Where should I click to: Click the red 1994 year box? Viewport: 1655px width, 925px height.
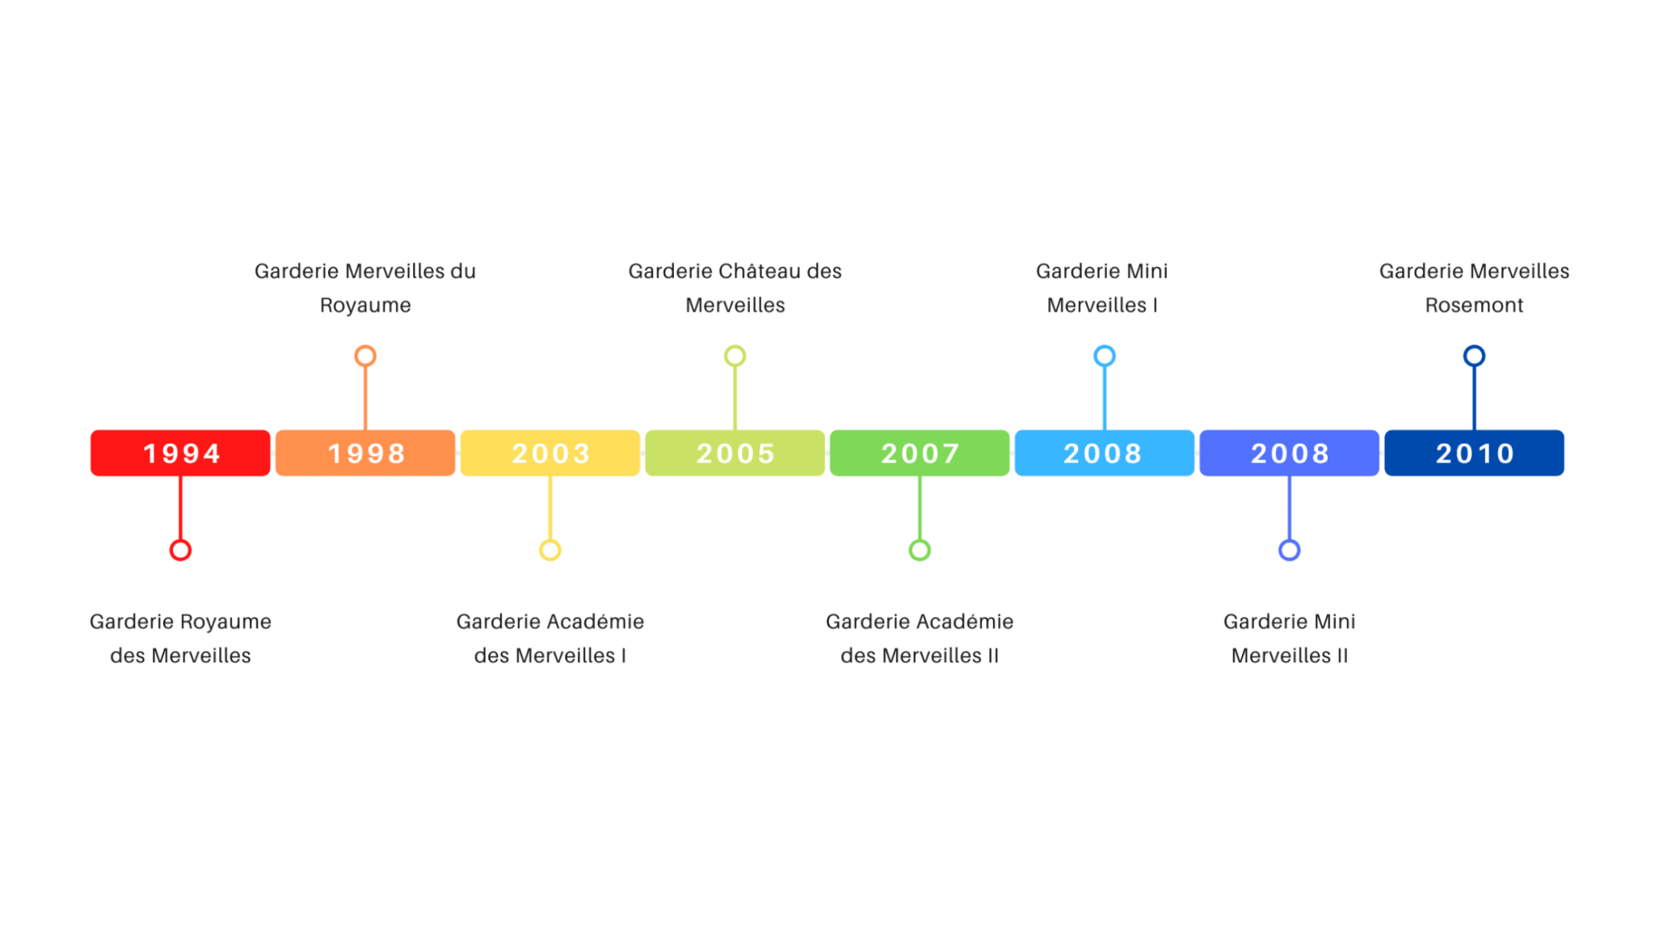pyautogui.click(x=180, y=453)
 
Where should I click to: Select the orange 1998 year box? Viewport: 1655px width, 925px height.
pyautogui.click(x=365, y=453)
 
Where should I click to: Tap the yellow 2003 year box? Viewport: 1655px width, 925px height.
pyautogui.click(x=550, y=453)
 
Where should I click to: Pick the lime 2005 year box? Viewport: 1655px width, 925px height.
pyautogui.click(x=735, y=453)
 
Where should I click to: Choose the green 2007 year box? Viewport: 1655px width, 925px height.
pyautogui.click(x=920, y=453)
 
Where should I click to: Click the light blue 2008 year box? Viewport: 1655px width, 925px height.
pyautogui.click(x=1105, y=453)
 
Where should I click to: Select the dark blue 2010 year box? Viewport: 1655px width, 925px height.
pyautogui.click(x=1474, y=453)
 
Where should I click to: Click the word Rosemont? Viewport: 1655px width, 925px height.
pyautogui.click(x=1474, y=305)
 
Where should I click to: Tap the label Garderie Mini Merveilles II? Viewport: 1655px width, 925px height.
pyautogui.click(x=1290, y=638)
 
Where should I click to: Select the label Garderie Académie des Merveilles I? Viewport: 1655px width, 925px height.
pyautogui.click(x=550, y=638)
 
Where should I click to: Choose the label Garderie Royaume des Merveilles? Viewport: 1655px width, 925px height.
pyautogui.click(x=180, y=638)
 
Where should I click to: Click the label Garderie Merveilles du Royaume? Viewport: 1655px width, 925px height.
pyautogui.click(x=365, y=288)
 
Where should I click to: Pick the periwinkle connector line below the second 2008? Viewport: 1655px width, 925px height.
pyautogui.click(x=1289, y=508)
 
